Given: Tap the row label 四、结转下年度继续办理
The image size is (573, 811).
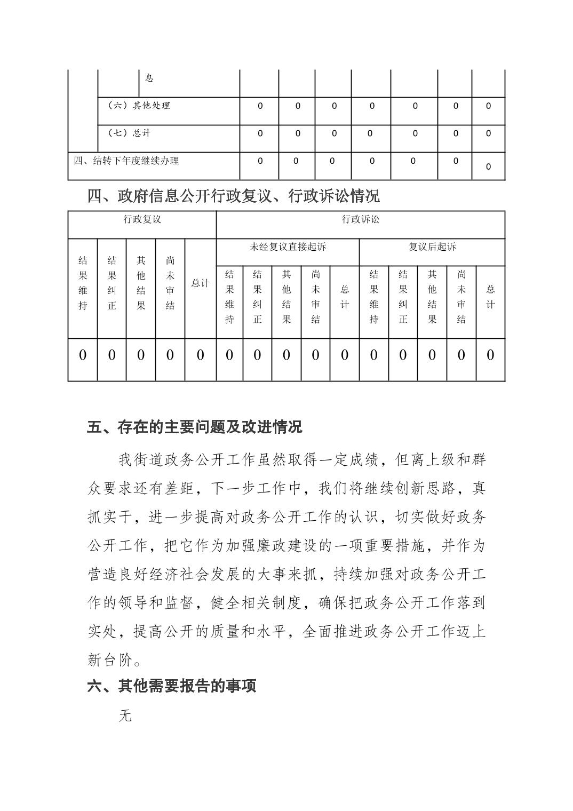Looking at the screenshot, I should coord(126,161).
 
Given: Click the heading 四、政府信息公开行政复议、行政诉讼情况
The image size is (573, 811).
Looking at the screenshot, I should coord(233,196).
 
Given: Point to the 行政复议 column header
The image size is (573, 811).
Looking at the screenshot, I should coord(142,219).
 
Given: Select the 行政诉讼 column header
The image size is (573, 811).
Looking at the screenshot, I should coord(360,219).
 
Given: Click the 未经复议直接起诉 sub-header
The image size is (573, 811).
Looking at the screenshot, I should coord(288,247).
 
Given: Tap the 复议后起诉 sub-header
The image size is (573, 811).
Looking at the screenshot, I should coord(432,247).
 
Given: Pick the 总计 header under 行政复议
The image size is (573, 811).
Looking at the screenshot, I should coord(200,283).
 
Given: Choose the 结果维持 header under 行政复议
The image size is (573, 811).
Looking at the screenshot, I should coord(83,283).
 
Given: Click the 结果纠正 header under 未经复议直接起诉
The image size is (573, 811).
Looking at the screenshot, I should coord(257,297).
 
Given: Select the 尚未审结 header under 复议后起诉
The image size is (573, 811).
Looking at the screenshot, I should coord(461,297).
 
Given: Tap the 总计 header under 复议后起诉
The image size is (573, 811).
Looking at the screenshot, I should coord(490,297).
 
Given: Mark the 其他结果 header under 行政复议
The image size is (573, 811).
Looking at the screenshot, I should coord(141,283).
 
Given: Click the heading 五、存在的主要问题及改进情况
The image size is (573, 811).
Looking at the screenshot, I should coord(195,427).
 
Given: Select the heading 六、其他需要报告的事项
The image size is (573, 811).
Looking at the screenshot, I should coord(172,686).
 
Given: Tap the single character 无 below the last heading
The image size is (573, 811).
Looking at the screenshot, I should coord(125,716).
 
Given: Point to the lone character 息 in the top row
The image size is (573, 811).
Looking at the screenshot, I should coord(149,78).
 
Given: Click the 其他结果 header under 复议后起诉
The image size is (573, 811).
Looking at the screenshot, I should coord(432,297).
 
